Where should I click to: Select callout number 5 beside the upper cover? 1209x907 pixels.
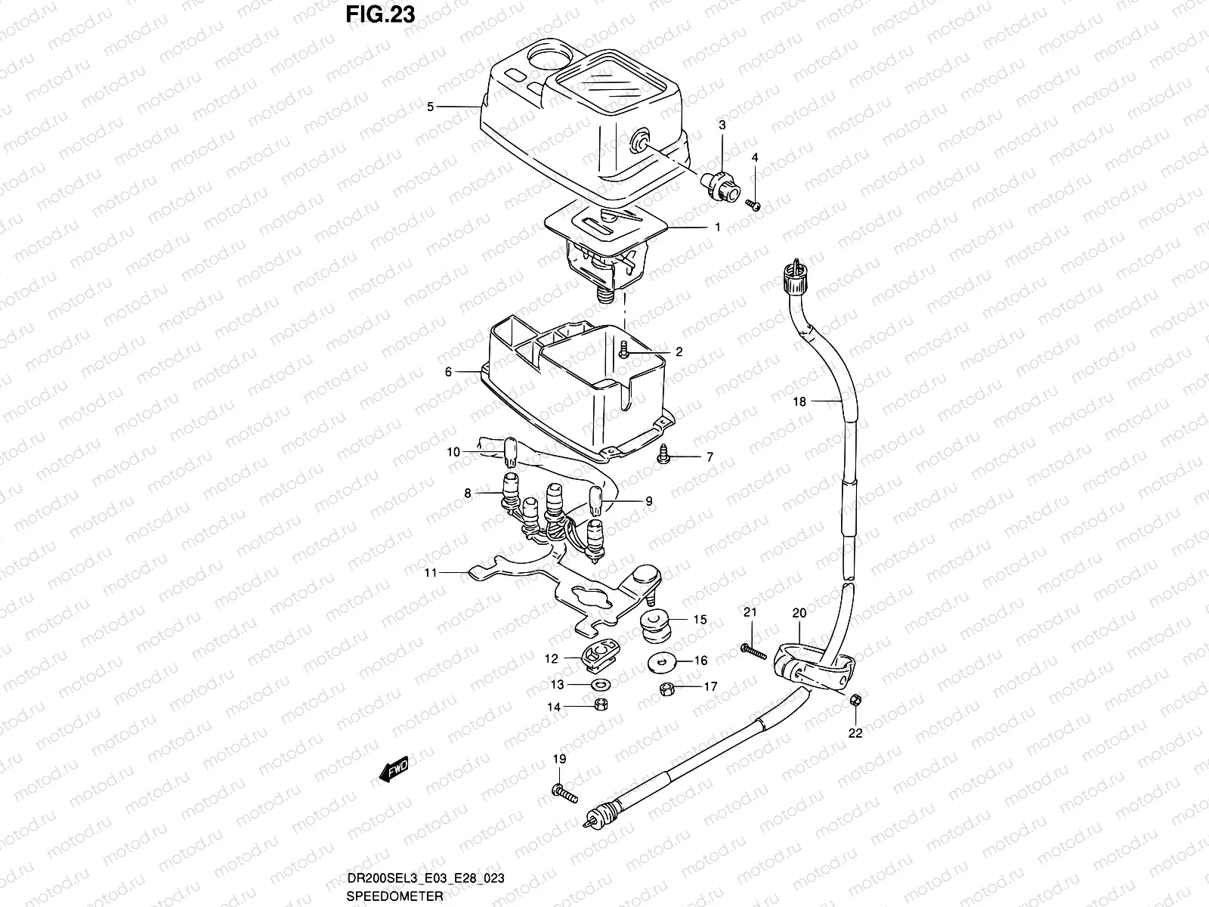(430, 107)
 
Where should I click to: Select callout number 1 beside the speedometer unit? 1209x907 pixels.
(717, 227)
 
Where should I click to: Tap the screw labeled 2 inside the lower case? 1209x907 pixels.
(624, 349)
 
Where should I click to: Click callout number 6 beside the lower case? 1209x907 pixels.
(447, 372)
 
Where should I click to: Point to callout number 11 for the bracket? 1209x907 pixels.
(430, 573)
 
